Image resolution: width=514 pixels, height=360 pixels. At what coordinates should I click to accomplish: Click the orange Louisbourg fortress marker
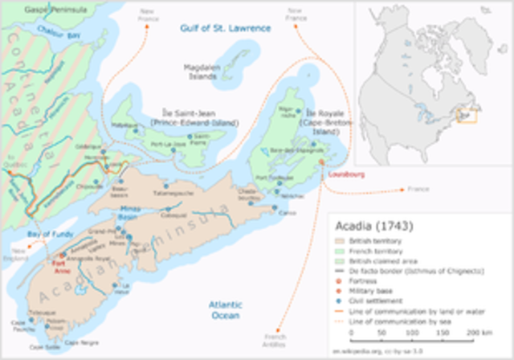[x=321, y=162]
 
